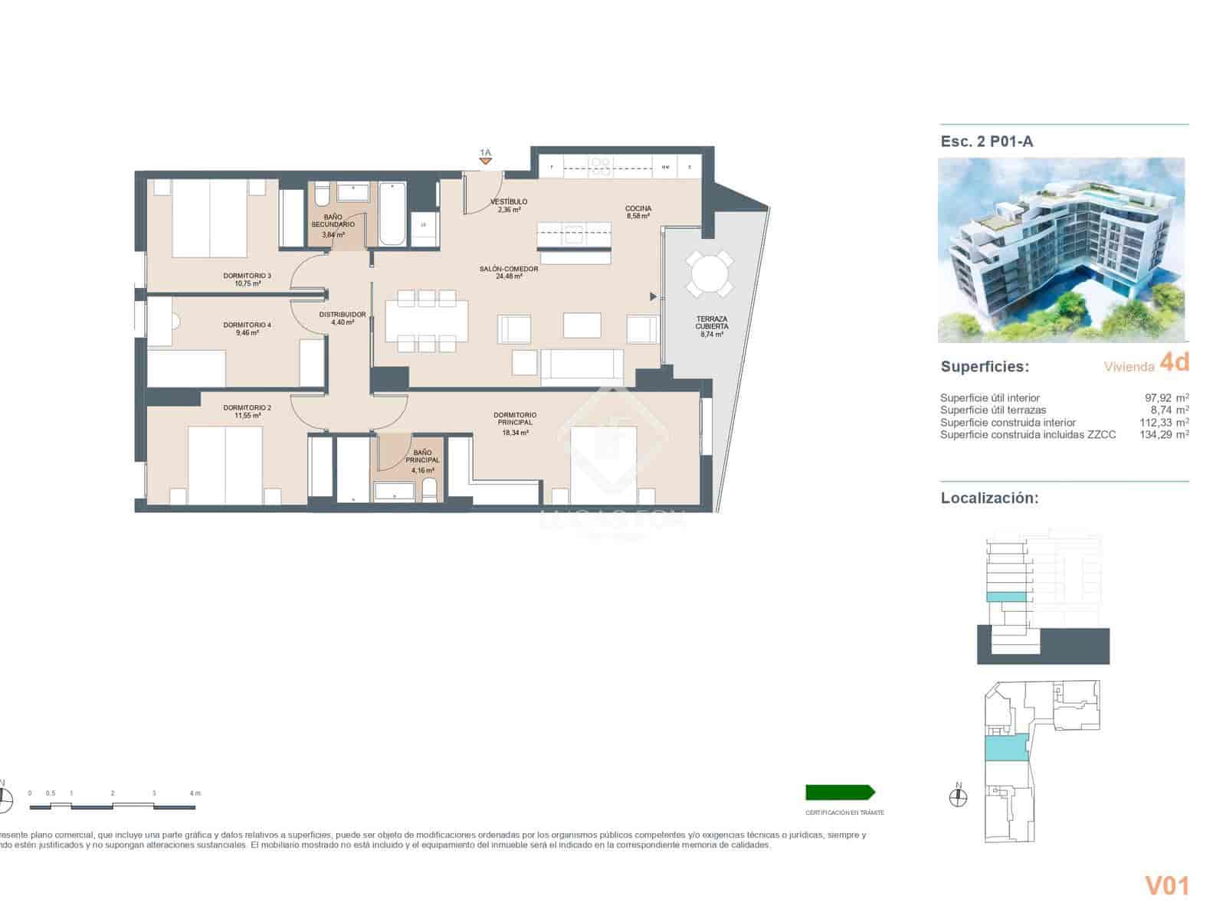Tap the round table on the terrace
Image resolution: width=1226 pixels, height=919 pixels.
tap(709, 273)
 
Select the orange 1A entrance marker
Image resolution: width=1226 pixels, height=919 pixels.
tap(485, 157)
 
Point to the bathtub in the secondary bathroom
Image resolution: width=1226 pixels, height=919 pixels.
tap(392, 214)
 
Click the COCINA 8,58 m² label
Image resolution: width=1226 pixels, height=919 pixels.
tap(638, 212)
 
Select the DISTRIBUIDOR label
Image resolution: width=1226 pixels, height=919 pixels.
tap(343, 318)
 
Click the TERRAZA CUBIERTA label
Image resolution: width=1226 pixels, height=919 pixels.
tap(712, 326)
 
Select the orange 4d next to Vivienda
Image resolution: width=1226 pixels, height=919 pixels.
tap(1174, 363)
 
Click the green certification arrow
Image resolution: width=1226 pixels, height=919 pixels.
tap(840, 793)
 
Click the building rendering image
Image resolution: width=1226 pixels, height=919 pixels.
tap(1060, 250)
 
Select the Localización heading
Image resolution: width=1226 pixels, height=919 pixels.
tap(989, 498)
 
